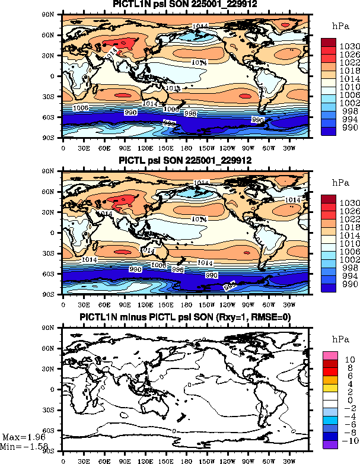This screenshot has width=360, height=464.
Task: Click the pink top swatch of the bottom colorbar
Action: (330, 355)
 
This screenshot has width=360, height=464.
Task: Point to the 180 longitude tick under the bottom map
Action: (186, 459)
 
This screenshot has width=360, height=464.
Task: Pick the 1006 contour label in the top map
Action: (81, 107)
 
